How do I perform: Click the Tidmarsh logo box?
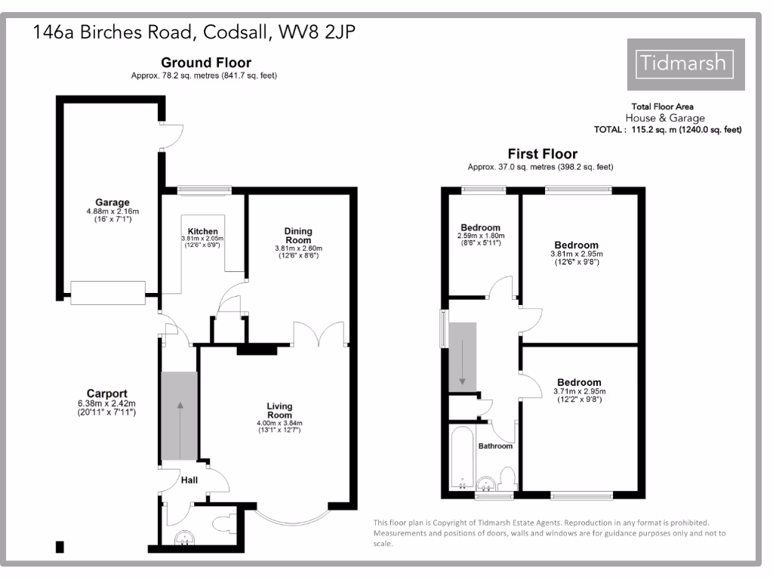coord(685,64)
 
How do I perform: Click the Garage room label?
coord(112,202)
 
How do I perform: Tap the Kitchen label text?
coord(203,231)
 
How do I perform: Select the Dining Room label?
coord(297,235)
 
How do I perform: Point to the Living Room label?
coord(279,411)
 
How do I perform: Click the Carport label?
coord(106,393)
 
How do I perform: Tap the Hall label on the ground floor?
coord(189,480)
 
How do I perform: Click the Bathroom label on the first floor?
coord(495,446)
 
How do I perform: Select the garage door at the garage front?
coord(107,292)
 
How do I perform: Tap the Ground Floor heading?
coord(206,63)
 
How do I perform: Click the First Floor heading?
coord(542,154)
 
